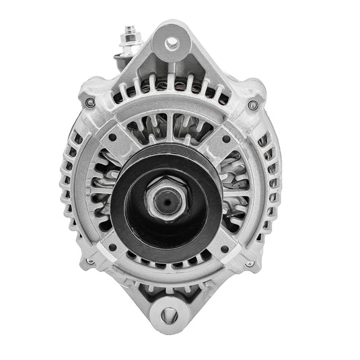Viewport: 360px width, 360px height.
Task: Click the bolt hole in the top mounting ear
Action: point(172,43)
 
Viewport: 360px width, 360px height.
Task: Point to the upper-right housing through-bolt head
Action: point(252,105)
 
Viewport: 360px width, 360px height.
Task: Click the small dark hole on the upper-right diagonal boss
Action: point(225,139)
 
